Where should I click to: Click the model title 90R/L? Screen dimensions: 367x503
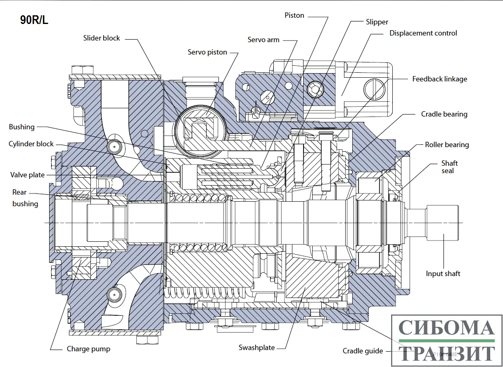coord(34,20)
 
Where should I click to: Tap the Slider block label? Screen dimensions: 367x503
coord(102,38)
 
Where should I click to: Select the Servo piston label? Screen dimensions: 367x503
coord(207,52)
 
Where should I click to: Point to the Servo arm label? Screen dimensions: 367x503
coord(263,40)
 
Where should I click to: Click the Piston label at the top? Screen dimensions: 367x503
coord(294,15)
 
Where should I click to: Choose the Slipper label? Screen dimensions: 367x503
coord(377,22)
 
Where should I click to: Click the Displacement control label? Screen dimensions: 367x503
coord(423,33)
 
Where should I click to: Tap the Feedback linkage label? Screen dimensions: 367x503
coord(440,79)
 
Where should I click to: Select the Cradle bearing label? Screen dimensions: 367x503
coord(444,114)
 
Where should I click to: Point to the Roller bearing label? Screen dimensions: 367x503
coord(447,145)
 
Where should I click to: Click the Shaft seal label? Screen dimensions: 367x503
coord(449,167)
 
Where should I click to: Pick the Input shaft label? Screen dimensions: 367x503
coord(443,274)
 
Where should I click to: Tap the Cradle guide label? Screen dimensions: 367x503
coord(363,351)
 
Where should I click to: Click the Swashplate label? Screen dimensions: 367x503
coord(256,348)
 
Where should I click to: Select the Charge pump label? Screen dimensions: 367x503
coord(88,349)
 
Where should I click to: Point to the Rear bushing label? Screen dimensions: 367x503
coord(25,198)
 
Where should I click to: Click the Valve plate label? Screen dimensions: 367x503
coord(27,175)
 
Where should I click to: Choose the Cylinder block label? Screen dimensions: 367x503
coord(31,144)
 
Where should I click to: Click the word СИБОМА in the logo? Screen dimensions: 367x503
coord(446,328)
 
